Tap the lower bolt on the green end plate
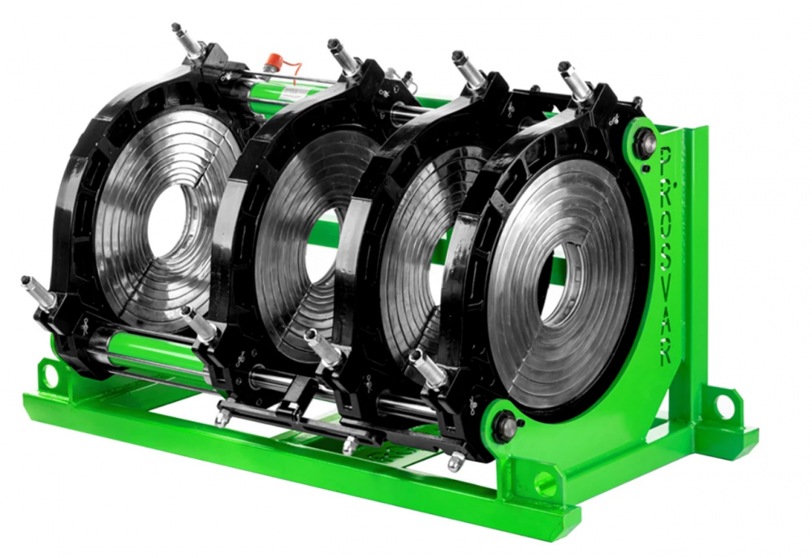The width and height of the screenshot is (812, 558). (x=505, y=426)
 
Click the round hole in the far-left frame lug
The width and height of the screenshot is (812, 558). (x=50, y=373)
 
